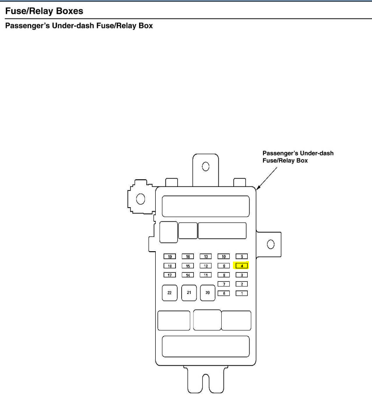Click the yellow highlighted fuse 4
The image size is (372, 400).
point(241,266)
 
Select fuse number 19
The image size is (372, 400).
point(169,257)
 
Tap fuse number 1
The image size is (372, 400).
point(241,293)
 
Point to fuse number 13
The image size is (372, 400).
point(206,257)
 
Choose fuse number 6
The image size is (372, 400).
point(223,293)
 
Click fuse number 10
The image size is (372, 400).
point(223,257)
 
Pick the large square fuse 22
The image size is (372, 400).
point(169,293)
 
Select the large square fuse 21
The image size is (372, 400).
point(189,293)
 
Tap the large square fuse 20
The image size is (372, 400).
point(207,293)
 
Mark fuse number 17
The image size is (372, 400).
point(169,275)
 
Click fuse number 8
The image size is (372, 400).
point(223,275)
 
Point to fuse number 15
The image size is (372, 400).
point(188,266)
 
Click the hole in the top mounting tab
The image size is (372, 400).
point(206,167)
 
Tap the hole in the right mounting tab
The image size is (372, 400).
point(270,244)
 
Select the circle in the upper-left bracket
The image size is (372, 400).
point(140,199)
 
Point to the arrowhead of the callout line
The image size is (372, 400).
point(257,187)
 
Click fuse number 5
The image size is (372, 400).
point(241,257)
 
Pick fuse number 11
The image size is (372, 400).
point(206,275)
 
